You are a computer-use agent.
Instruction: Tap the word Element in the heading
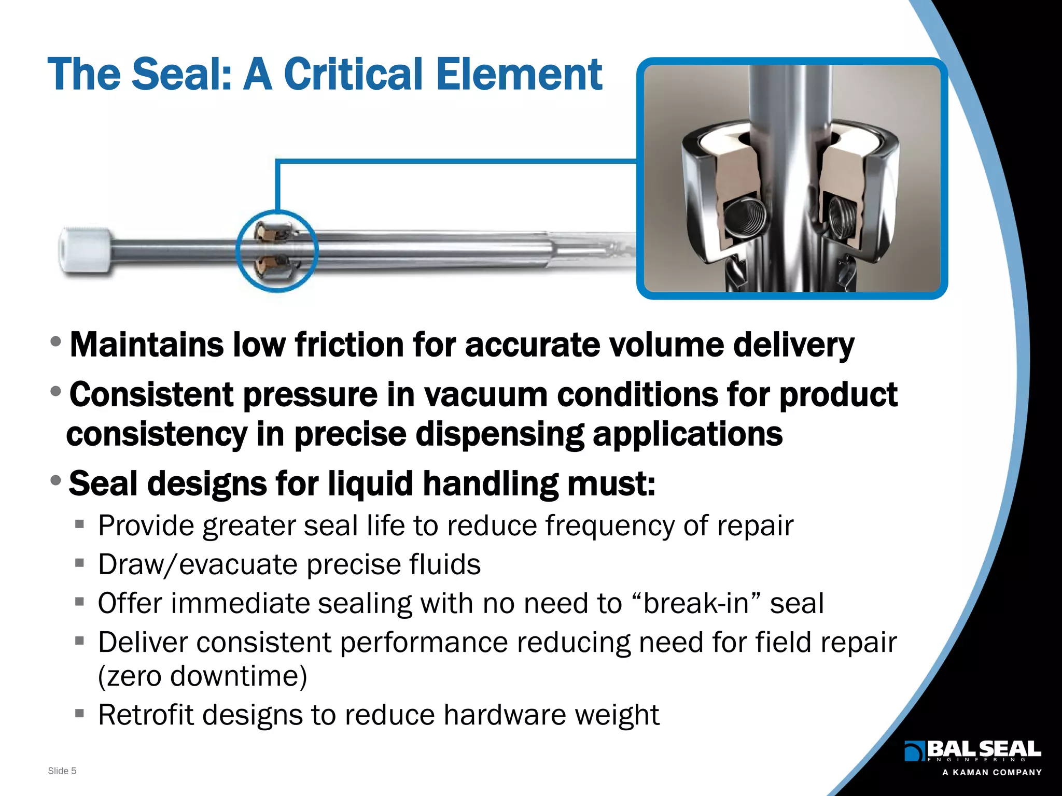click(519, 74)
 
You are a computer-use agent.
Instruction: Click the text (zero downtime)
click(203, 676)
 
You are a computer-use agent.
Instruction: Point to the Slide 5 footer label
click(62, 771)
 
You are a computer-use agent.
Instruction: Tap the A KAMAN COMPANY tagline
click(991, 772)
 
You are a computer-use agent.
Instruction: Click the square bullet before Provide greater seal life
click(79, 524)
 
